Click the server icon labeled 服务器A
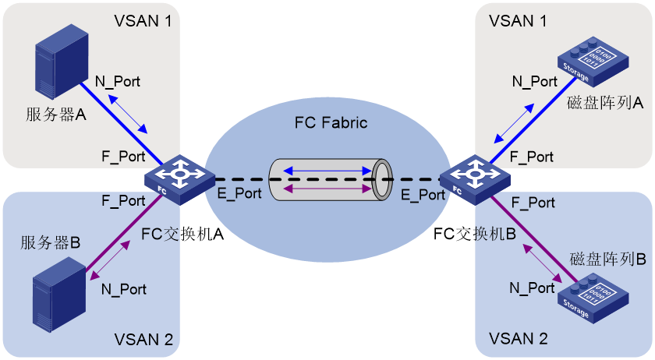pyautogui.click(x=62, y=61)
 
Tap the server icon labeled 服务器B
pyautogui.click(x=59, y=295)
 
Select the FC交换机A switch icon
pyautogui.click(x=179, y=179)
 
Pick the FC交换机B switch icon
pyautogui.click(x=475, y=179)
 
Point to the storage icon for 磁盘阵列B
pyautogui.click(x=593, y=298)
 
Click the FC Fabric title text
pyautogui.click(x=331, y=123)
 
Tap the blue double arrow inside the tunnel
pyautogui.click(x=327, y=171)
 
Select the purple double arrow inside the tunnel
pyautogui.click(x=327, y=189)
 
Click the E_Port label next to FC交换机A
pyautogui.click(x=239, y=193)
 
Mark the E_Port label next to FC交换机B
pyautogui.click(x=423, y=195)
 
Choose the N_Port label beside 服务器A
pyautogui.click(x=118, y=82)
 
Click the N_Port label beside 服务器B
pyautogui.click(x=124, y=289)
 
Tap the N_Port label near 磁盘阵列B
pyautogui.click(x=532, y=288)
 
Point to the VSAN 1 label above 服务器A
pyautogui.click(x=143, y=21)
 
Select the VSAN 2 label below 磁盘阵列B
pyautogui.click(x=518, y=339)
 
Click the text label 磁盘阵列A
pyautogui.click(x=605, y=102)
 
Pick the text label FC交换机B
pyautogui.click(x=475, y=234)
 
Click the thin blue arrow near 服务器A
pyautogui.click(x=127, y=114)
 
